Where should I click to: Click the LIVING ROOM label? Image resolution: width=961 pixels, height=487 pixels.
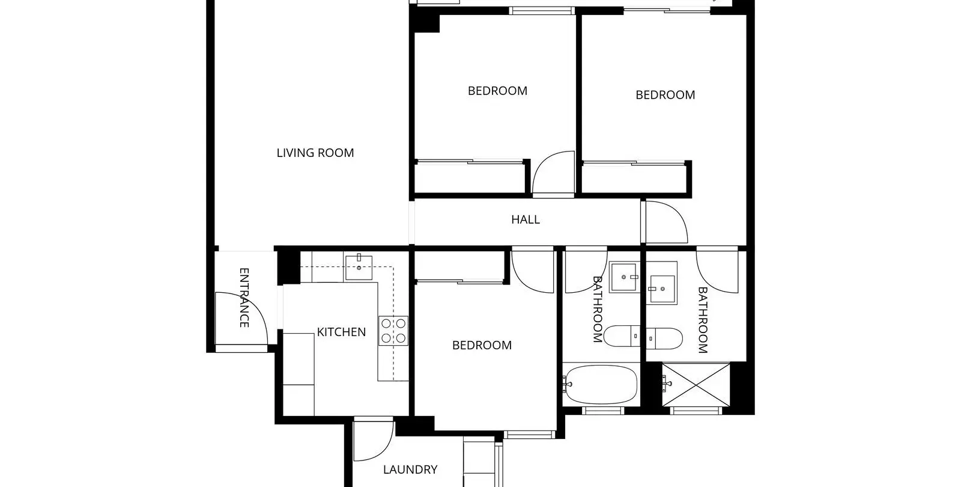click(x=315, y=153)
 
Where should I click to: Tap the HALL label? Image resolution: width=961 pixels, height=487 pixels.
click(x=526, y=220)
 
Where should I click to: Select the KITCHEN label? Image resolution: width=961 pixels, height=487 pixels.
click(x=342, y=332)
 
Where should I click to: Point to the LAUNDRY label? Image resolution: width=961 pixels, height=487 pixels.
click(x=410, y=470)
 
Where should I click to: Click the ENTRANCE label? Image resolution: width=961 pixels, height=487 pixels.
click(x=244, y=298)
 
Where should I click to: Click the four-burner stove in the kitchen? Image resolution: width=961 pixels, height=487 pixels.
click(x=393, y=331)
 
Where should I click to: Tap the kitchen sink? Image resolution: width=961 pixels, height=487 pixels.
click(x=359, y=268)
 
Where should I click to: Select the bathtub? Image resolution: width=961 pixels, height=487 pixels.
click(x=601, y=385)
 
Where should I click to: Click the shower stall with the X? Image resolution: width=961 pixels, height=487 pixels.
click(x=696, y=385)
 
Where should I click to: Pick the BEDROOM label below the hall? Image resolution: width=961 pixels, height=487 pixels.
click(x=482, y=345)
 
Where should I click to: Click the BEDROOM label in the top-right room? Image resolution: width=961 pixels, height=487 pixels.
click(x=665, y=95)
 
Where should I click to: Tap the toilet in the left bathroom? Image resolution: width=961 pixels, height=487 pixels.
click(x=622, y=336)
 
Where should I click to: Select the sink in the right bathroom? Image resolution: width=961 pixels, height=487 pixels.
click(x=661, y=283)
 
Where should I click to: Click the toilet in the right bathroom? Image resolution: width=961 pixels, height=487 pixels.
click(x=664, y=338)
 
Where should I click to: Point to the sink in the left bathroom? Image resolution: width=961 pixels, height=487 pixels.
click(x=625, y=277)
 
